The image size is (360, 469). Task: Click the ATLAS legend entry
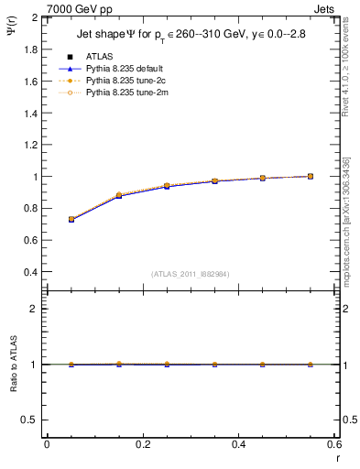click(x=99, y=56)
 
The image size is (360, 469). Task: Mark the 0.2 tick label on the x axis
click(x=143, y=444)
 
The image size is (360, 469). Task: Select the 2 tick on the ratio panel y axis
click(x=31, y=309)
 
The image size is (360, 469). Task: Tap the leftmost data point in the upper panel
click(x=71, y=220)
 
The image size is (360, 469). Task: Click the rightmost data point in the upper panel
click(x=310, y=176)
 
